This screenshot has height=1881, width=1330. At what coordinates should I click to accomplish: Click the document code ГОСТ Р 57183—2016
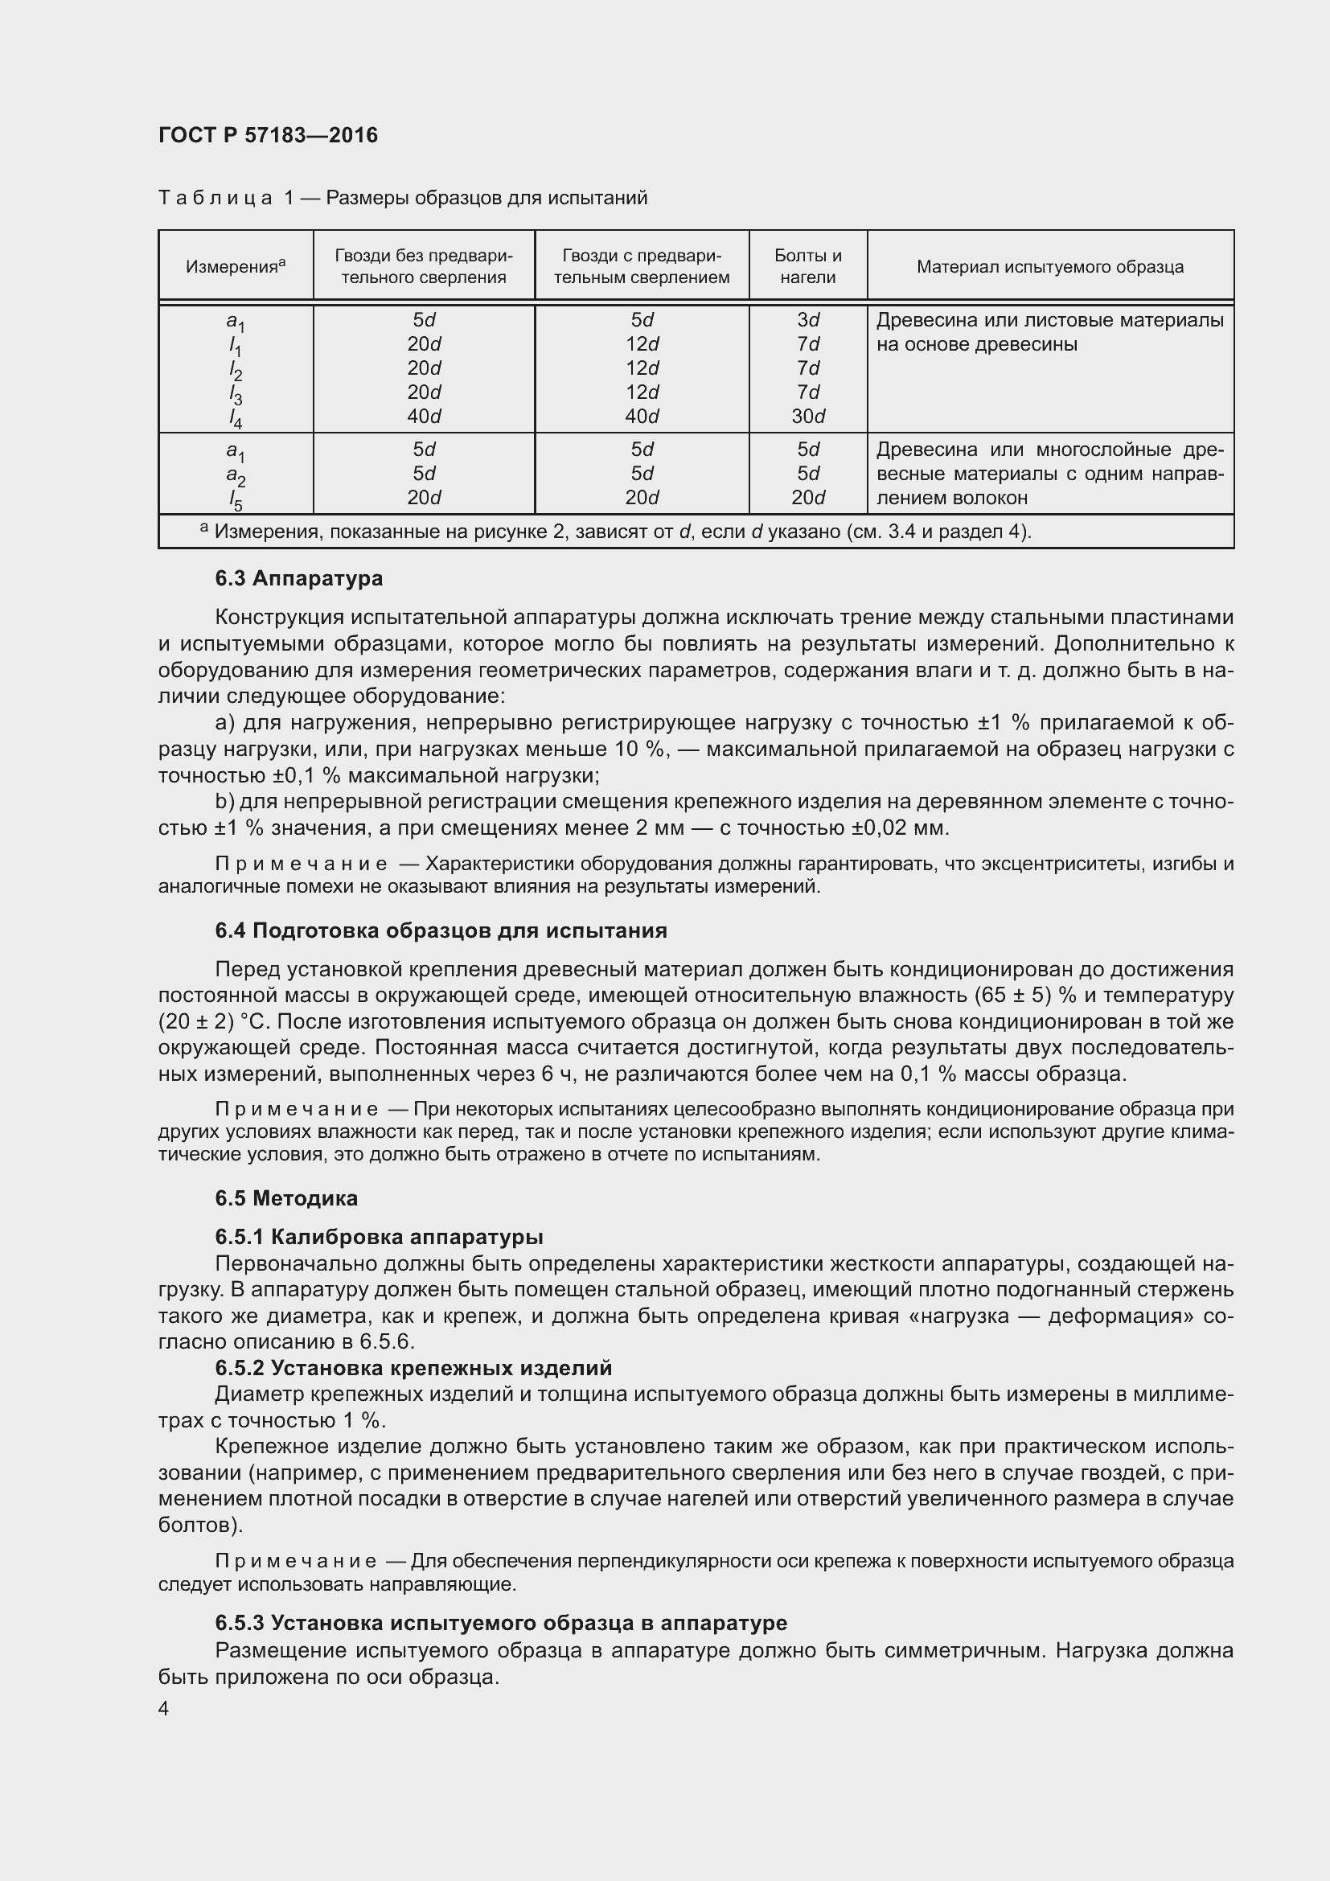[x=268, y=135]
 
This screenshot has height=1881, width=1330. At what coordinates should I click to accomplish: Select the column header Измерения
[x=235, y=266]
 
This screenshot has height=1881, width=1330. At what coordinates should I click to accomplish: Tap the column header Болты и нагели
[x=807, y=266]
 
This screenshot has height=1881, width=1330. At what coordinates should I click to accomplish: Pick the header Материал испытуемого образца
[x=1050, y=266]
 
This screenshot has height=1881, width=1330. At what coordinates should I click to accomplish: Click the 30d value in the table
[x=808, y=417]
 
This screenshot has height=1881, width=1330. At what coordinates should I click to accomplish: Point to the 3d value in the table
[x=808, y=319]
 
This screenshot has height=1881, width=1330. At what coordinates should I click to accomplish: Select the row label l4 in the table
[x=235, y=419]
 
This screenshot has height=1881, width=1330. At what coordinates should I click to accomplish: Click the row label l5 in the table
[x=235, y=499]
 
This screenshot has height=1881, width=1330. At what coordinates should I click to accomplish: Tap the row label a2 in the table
[x=235, y=476]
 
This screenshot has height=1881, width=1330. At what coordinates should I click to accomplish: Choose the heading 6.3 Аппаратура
[x=299, y=578]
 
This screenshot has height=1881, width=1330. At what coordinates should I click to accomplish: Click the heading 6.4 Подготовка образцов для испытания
[x=441, y=930]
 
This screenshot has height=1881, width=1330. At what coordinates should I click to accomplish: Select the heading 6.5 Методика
[x=286, y=1198]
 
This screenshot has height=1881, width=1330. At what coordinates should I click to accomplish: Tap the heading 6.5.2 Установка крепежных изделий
[x=413, y=1367]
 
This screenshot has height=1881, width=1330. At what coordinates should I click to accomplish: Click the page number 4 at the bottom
[x=164, y=1709]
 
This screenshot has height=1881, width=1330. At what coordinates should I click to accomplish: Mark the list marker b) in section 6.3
[x=224, y=801]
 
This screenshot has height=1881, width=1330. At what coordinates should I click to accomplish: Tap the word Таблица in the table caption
[x=216, y=199]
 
